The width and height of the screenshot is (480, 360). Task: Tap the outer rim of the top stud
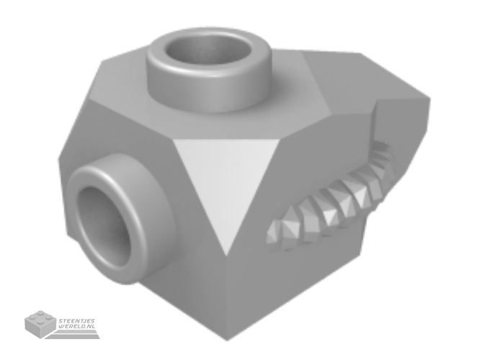coord(209,71)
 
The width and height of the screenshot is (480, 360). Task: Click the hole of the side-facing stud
coord(104,226)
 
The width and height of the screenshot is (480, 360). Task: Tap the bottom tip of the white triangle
coord(226,256)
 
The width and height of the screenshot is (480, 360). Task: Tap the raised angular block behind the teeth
coord(401,128)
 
